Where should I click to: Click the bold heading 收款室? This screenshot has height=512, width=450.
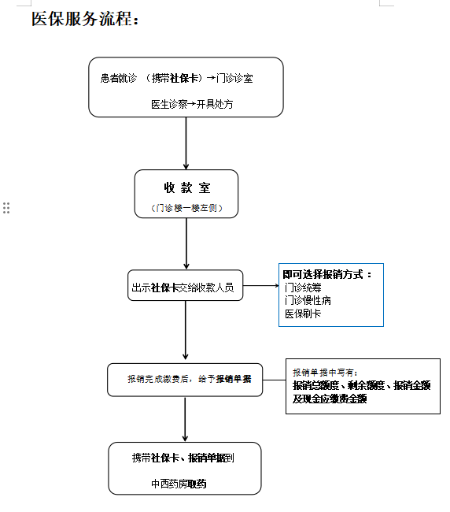click(x=187, y=187)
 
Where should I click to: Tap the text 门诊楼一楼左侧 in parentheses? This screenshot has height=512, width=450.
click(x=187, y=208)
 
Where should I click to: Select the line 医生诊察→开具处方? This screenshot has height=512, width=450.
click(x=192, y=104)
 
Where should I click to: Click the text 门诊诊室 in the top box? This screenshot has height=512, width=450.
click(x=234, y=78)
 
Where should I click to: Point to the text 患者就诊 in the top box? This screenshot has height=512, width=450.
click(x=119, y=78)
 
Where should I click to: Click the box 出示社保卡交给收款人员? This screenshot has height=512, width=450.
click(x=185, y=285)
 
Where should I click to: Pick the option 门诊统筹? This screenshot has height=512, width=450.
click(x=303, y=288)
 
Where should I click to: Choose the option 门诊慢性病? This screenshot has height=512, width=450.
click(x=308, y=300)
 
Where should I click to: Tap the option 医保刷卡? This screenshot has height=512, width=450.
click(x=303, y=314)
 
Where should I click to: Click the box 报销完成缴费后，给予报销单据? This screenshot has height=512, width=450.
click(x=185, y=380)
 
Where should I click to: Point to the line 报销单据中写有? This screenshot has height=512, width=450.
click(x=325, y=373)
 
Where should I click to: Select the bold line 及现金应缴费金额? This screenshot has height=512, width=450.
click(x=330, y=399)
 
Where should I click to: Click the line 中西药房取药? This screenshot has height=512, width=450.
click(x=179, y=484)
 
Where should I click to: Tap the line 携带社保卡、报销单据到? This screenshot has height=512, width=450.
click(x=183, y=458)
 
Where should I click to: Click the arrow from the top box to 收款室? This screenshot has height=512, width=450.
click(x=186, y=143)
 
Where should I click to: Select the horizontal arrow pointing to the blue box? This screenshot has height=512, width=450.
click(x=261, y=286)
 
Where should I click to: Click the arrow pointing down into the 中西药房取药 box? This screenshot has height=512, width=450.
click(x=185, y=419)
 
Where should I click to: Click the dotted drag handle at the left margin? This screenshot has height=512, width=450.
click(x=6, y=208)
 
